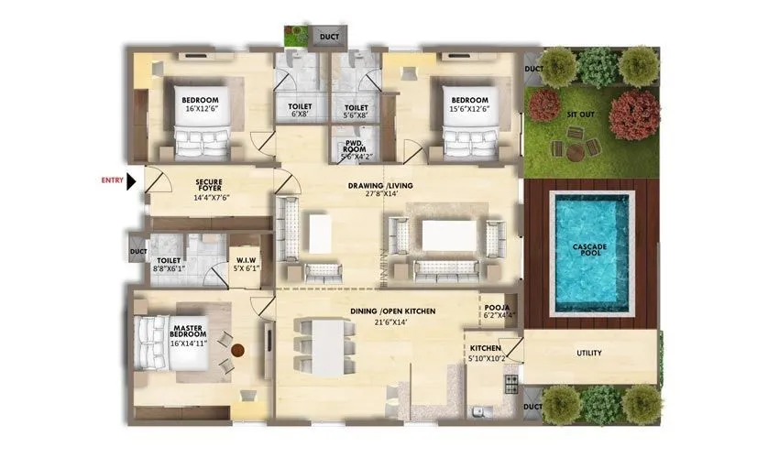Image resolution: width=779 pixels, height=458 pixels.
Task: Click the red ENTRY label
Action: (x=112, y=180)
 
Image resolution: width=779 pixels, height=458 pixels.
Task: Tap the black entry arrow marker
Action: (x=131, y=181)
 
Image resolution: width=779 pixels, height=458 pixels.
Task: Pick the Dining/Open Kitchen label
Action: (x=391, y=316)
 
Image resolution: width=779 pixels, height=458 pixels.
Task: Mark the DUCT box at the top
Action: (x=328, y=37)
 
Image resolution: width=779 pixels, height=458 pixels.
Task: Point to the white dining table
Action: (x=327, y=346)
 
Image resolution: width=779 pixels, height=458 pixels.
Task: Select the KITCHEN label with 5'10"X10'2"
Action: (x=485, y=354)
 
